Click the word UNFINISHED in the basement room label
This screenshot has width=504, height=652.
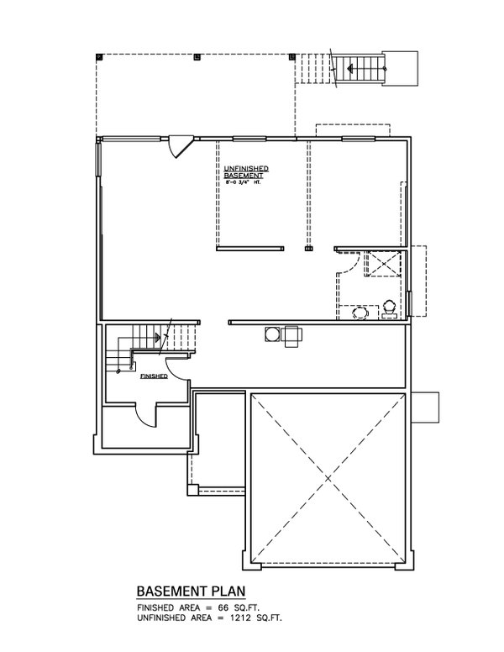(246, 169)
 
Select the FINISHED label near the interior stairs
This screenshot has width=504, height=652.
(154, 377)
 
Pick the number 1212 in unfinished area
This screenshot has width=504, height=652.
(241, 618)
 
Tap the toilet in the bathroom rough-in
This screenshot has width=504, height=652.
(391, 310)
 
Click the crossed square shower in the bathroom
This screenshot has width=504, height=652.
(385, 264)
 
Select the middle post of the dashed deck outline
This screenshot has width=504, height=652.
(197, 58)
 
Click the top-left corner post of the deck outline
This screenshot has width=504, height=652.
(100, 57)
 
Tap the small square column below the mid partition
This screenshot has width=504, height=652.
(308, 250)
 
